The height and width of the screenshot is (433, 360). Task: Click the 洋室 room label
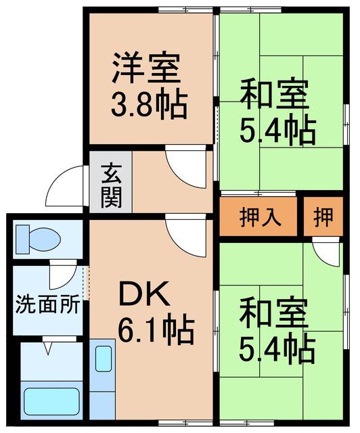click(146, 67)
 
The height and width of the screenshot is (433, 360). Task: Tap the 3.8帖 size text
click(149, 104)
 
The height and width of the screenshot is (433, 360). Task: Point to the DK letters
click(144, 293)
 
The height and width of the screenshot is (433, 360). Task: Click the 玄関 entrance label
click(111, 186)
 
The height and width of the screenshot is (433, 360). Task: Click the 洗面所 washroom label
click(47, 304)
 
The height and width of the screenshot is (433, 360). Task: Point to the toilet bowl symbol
click(38, 239)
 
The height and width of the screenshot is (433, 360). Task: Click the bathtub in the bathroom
click(51, 401)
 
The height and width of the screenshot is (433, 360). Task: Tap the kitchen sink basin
click(104, 358)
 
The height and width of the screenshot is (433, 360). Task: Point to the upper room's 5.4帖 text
click(277, 131)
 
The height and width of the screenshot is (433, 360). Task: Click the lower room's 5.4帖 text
click(277, 347)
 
